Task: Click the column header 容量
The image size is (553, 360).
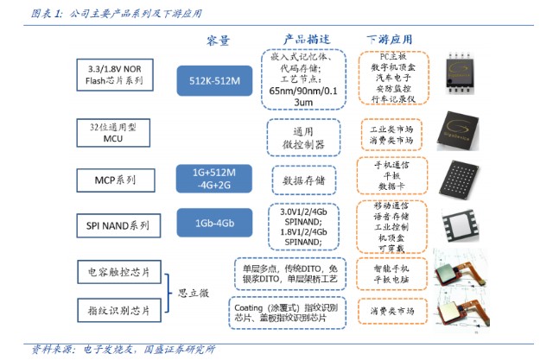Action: click(x=217, y=41)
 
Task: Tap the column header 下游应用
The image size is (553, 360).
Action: click(x=389, y=40)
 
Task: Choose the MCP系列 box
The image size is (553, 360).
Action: click(x=115, y=180)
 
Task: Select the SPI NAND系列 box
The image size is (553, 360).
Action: click(x=115, y=225)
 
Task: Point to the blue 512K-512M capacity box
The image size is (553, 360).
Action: click(x=215, y=81)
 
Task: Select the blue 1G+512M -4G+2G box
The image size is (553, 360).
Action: click(x=215, y=177)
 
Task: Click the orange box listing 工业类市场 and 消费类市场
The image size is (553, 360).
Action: click(x=391, y=134)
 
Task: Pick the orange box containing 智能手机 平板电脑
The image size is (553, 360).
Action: click(x=391, y=274)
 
